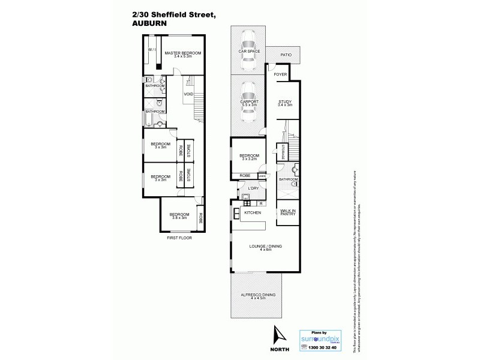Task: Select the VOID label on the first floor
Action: tap(188, 94)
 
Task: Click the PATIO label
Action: tap(286, 55)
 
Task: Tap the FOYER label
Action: tap(280, 74)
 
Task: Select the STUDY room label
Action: tap(285, 103)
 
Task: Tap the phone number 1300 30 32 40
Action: tap(320, 347)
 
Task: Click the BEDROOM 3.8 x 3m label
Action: tap(179, 216)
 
